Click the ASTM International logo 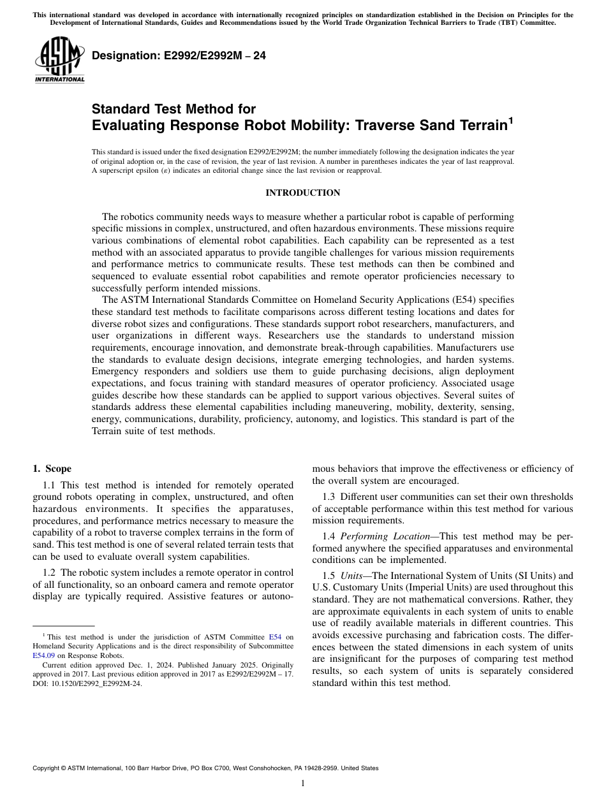(59, 59)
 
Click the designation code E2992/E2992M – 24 (179, 55)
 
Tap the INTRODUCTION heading (302, 193)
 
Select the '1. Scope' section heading (52, 469)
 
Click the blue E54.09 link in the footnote (44, 655)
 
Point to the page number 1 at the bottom (303, 784)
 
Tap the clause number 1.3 (329, 497)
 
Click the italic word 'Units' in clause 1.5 (351, 576)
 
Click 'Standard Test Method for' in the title (174, 109)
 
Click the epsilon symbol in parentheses (174, 170)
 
